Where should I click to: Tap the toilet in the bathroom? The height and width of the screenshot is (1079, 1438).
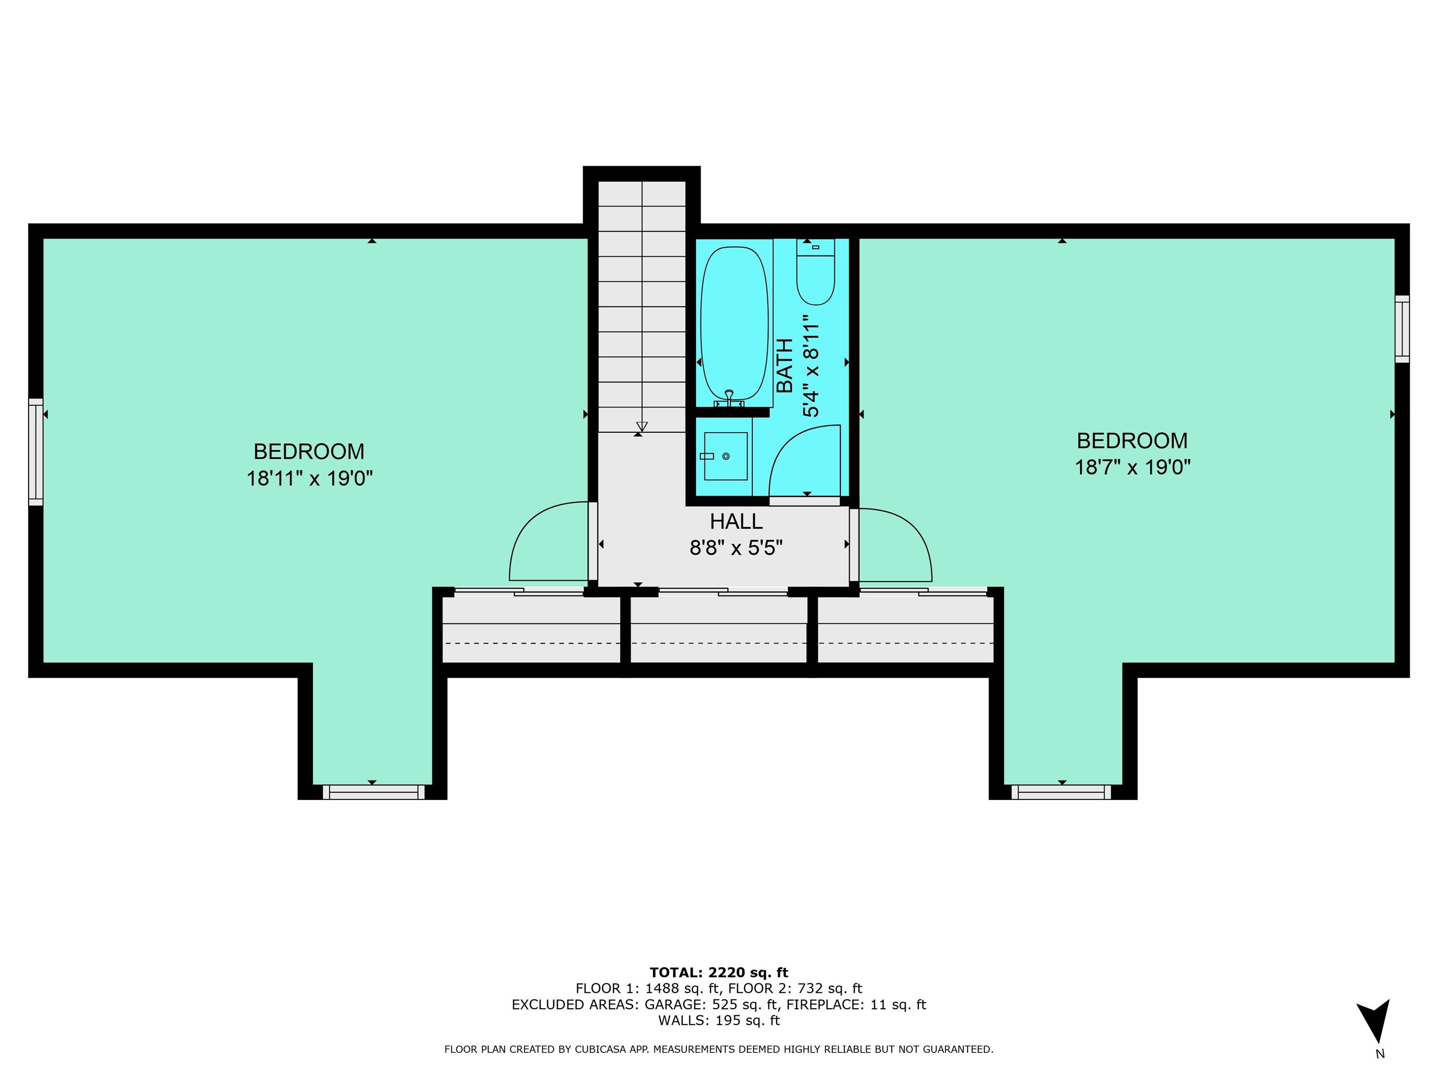(815, 272)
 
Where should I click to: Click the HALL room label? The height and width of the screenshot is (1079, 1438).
(736, 522)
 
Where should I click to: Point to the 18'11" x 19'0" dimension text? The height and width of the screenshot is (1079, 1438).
(309, 479)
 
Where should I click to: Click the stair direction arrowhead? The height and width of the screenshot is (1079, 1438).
(642, 427)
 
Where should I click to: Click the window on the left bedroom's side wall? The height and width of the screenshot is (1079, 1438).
(36, 452)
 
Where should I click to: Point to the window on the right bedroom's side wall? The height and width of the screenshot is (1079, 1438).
(1402, 329)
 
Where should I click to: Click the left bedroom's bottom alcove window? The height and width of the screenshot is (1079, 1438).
(373, 791)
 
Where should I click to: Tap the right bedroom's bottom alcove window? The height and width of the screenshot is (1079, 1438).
(1062, 791)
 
